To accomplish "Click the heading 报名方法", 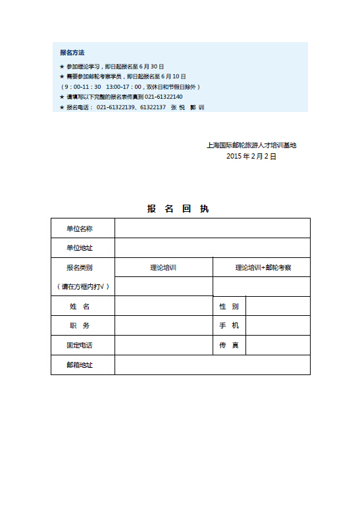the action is pos(72,53).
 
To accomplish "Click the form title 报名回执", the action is pos(178,209).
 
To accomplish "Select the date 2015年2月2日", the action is pos(251,157).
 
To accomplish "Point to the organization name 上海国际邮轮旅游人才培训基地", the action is pos(251,145).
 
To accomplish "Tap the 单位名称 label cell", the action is pos(83,228).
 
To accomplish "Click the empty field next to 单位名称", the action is pos(212,228).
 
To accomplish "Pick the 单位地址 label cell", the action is pos(83,248).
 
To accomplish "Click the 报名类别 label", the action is pos(80,268).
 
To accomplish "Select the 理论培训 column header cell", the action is pos(163,268).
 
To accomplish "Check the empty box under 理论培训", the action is pos(163,287).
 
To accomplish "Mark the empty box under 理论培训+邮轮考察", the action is pos(261,287).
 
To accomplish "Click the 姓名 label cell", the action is pos(83,307).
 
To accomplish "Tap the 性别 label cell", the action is pos(229,307).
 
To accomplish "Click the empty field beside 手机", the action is pos(277,326).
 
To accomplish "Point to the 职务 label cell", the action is pos(83,326).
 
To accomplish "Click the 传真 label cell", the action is pos(229,345).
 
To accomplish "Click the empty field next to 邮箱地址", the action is pos(212,365).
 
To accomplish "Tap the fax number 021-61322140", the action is pos(164,97).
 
